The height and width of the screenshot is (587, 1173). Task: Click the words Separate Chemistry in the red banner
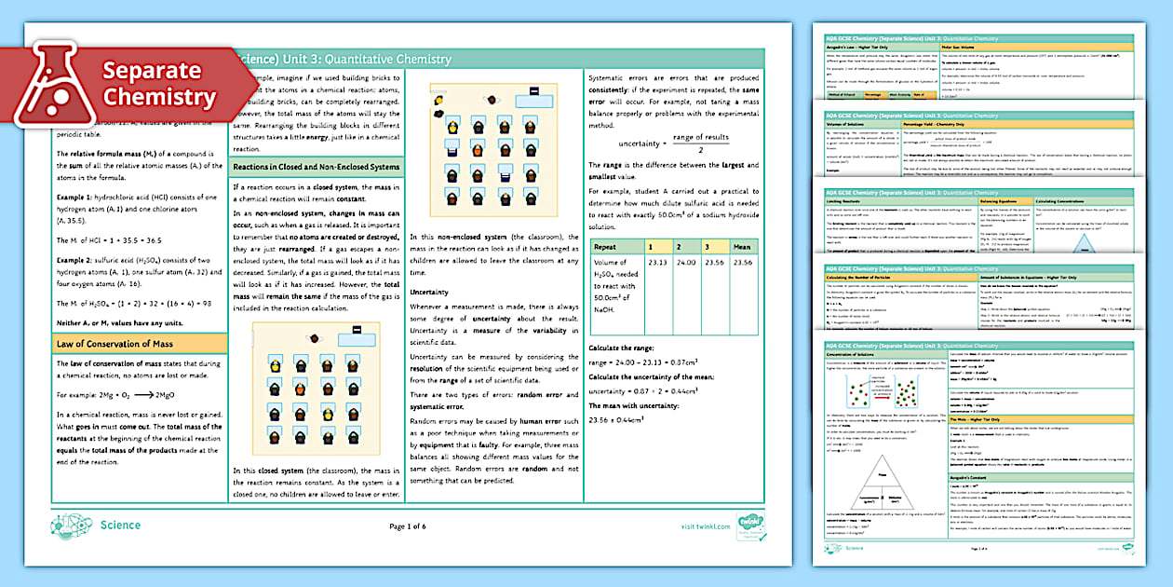point(159,84)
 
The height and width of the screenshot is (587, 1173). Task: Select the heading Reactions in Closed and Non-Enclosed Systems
point(317,167)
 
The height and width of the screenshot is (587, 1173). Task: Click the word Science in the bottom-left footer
point(120,526)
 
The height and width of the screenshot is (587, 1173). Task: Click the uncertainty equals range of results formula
point(673,144)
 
